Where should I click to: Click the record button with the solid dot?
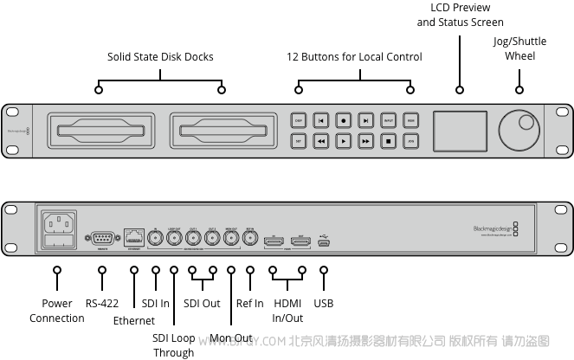click(344, 121)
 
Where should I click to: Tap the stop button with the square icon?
click(389, 140)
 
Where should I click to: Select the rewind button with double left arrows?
click(321, 140)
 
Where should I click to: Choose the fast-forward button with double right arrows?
click(366, 140)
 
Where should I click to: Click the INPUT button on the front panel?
click(389, 121)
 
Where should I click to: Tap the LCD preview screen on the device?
click(459, 130)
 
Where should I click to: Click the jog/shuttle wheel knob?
click(519, 131)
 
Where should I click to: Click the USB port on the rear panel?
click(324, 242)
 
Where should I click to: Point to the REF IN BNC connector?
click(249, 240)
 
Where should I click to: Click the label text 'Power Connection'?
click(57, 311)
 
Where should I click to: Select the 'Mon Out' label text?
click(230, 338)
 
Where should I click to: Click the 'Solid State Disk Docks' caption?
click(160, 57)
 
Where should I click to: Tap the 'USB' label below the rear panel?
click(324, 304)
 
